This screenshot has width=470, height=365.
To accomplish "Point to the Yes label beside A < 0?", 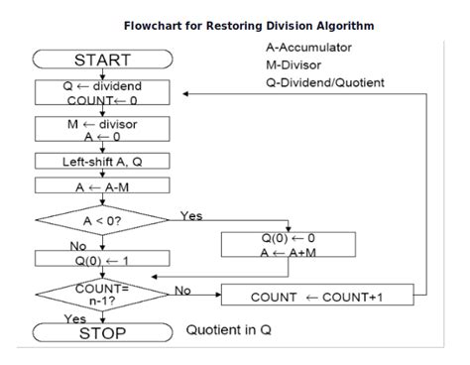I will (x=191, y=214).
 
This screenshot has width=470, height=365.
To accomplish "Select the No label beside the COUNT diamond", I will (x=183, y=290).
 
